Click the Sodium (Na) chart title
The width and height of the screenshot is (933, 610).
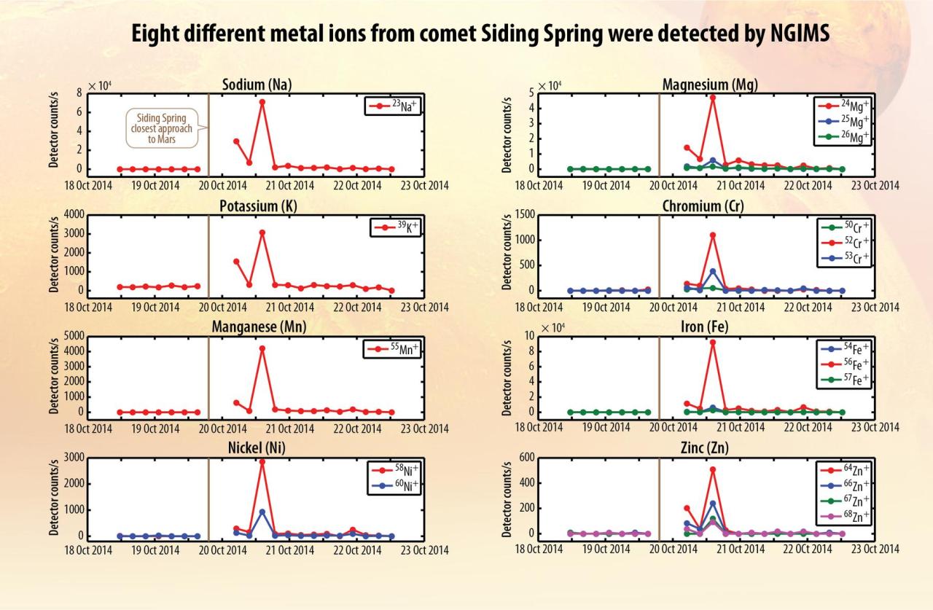[x=257, y=85]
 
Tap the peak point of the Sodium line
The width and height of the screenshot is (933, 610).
[x=262, y=102]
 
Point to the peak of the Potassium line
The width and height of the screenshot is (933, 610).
[x=262, y=232]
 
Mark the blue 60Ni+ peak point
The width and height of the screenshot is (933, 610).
[x=262, y=512]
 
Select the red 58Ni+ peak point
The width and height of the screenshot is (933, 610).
[x=262, y=461]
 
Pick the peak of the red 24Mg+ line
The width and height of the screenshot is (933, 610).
[x=712, y=97]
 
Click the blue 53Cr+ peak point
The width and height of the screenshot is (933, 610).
[x=712, y=271]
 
